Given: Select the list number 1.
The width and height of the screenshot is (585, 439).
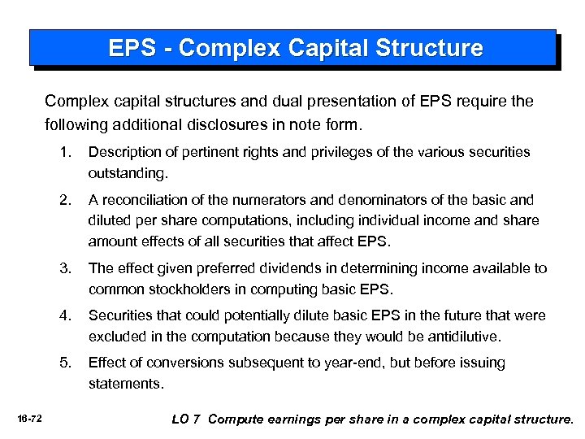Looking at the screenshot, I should pos(64,152).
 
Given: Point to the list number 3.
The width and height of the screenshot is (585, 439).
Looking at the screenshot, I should pos(64,268).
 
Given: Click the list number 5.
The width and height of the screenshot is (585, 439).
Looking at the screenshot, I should pos(64,363).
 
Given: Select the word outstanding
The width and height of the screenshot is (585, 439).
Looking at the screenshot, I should pos(128,173).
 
